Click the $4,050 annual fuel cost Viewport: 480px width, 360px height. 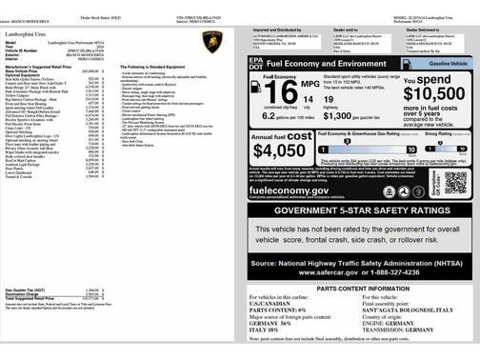[x=280, y=150]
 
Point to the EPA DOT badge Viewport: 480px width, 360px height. [x=255, y=63]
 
